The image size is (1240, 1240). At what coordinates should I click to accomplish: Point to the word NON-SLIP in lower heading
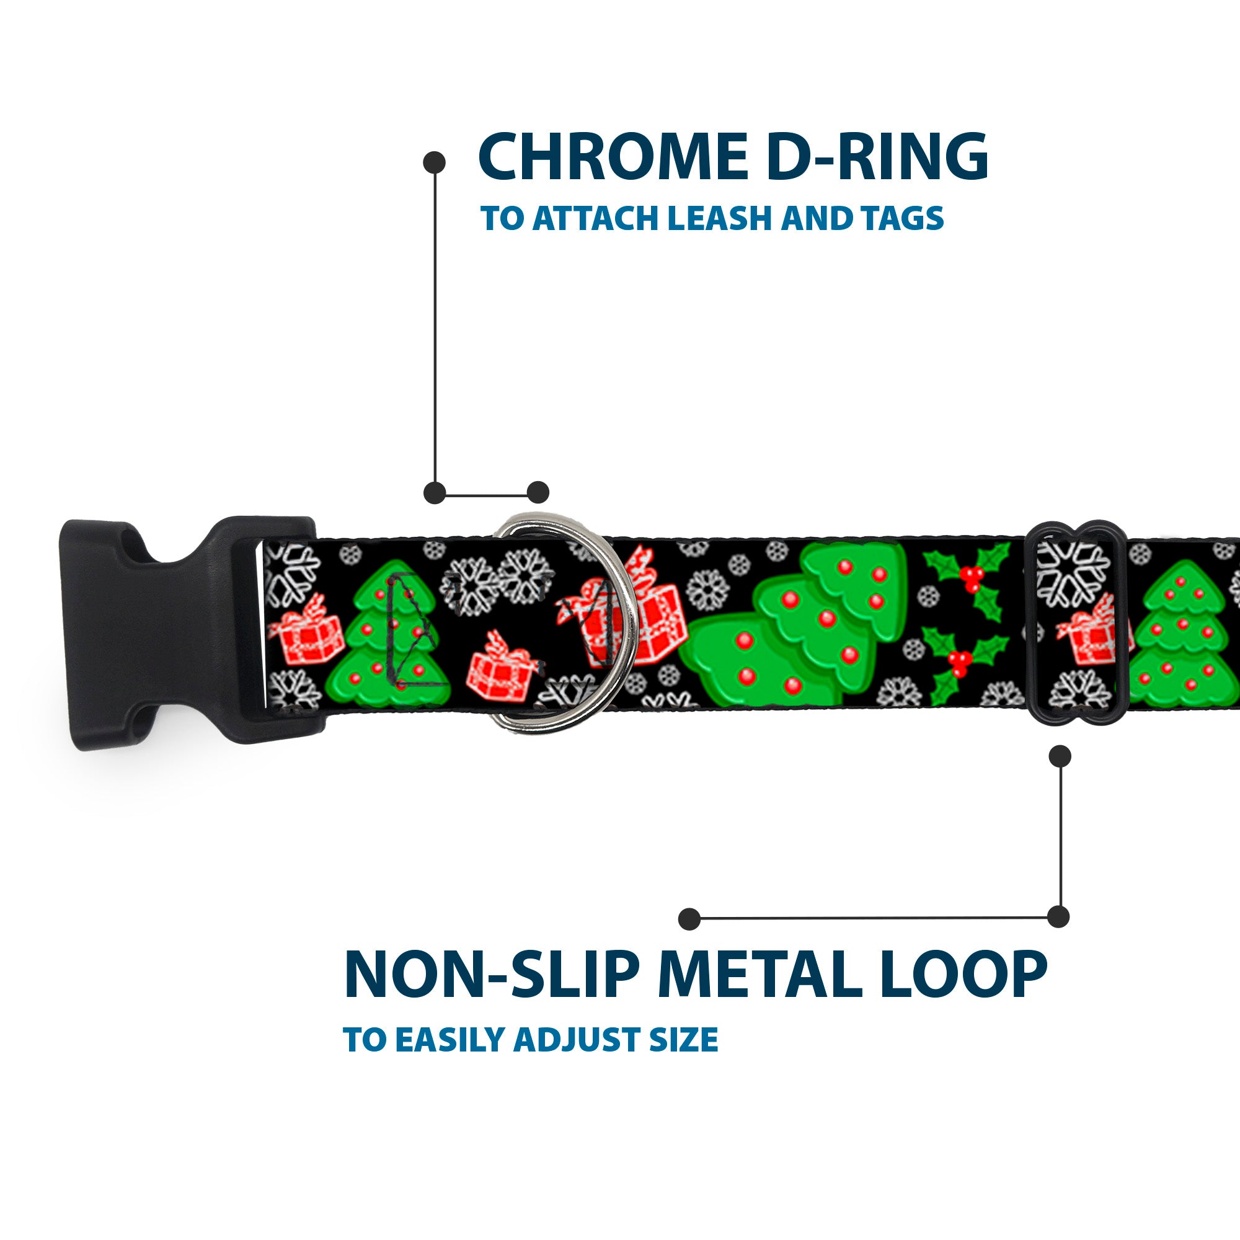click(x=491, y=975)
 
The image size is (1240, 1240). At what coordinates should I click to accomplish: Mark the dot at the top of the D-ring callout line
click(x=435, y=162)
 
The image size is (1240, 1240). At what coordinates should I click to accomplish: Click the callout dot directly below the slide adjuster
click(x=1060, y=756)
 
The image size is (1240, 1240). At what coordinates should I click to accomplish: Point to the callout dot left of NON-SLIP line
click(x=689, y=918)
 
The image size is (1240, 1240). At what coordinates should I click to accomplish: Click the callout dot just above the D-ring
click(x=538, y=492)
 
